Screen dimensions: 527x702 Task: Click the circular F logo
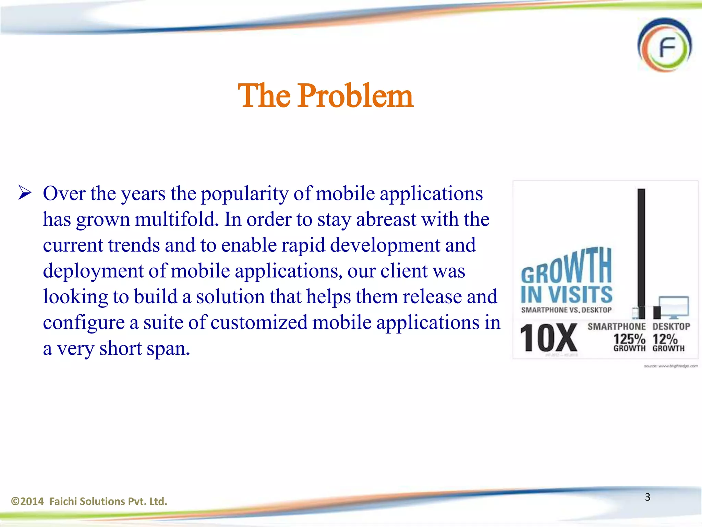(665, 45)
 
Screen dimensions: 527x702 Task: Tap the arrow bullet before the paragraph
(25, 193)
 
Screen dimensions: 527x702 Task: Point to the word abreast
(386, 220)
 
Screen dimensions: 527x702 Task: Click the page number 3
(647, 497)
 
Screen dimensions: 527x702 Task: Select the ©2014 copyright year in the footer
(27, 501)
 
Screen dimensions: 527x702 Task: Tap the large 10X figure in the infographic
(548, 338)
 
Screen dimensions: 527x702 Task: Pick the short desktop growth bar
(657, 312)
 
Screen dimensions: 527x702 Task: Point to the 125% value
(629, 339)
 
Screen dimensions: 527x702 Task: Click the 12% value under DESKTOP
(665, 339)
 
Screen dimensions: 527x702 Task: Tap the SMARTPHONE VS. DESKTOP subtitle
(566, 310)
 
